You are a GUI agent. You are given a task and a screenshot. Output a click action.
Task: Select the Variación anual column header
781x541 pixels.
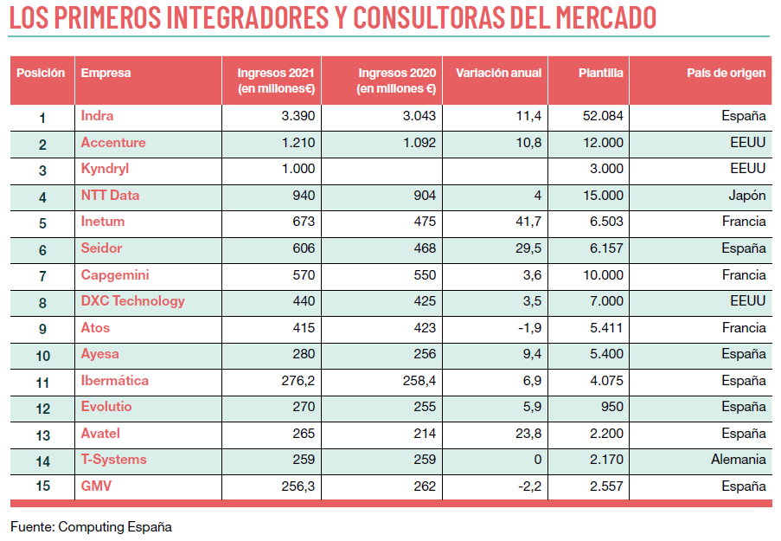tap(498, 74)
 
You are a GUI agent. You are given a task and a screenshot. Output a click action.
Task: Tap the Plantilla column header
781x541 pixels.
tap(600, 74)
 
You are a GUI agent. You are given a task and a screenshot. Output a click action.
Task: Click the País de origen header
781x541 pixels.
tap(726, 74)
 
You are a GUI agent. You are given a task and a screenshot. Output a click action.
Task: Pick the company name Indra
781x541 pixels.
tap(97, 116)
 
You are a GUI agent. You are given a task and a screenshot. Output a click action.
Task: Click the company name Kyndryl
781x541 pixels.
tap(105, 169)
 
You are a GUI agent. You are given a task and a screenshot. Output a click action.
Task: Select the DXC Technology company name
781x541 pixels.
tap(132, 301)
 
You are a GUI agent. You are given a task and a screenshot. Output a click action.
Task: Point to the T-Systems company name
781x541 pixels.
tap(113, 460)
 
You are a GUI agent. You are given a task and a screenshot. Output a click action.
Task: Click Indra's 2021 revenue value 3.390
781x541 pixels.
tap(298, 116)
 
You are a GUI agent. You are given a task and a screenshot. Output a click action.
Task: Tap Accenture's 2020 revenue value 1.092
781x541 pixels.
tap(419, 143)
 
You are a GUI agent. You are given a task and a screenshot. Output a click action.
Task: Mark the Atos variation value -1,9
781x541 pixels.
tap(528, 328)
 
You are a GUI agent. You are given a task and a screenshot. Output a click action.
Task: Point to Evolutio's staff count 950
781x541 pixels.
tap(611, 407)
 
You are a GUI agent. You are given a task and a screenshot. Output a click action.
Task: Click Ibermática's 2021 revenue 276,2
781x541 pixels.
tap(297, 381)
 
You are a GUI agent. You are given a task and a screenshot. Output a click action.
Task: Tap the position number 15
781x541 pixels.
tap(42, 486)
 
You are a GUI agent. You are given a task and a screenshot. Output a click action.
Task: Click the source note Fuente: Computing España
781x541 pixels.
tap(91, 526)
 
